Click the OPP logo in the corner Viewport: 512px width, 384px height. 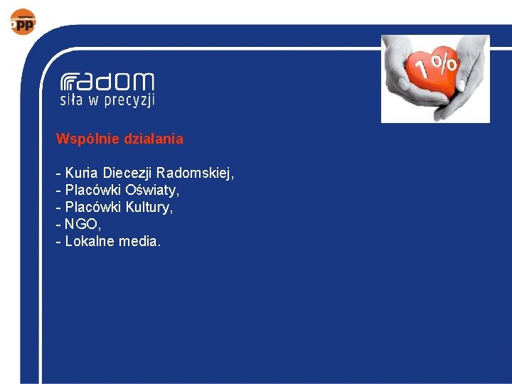[x=23, y=21]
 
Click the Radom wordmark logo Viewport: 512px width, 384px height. [x=107, y=82]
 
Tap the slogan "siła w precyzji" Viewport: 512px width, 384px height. [x=107, y=100]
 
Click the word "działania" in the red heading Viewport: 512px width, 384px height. [x=153, y=139]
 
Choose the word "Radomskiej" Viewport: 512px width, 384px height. [x=195, y=173]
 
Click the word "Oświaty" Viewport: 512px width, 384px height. [x=152, y=190]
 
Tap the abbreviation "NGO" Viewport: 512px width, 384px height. [x=78, y=224]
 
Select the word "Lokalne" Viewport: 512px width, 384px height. [x=89, y=241]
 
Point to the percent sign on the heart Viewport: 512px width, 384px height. [x=446, y=63]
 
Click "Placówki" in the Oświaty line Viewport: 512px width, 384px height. [x=93, y=190]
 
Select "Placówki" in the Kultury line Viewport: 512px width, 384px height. [x=93, y=207]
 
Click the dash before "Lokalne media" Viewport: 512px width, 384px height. [x=58, y=241]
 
